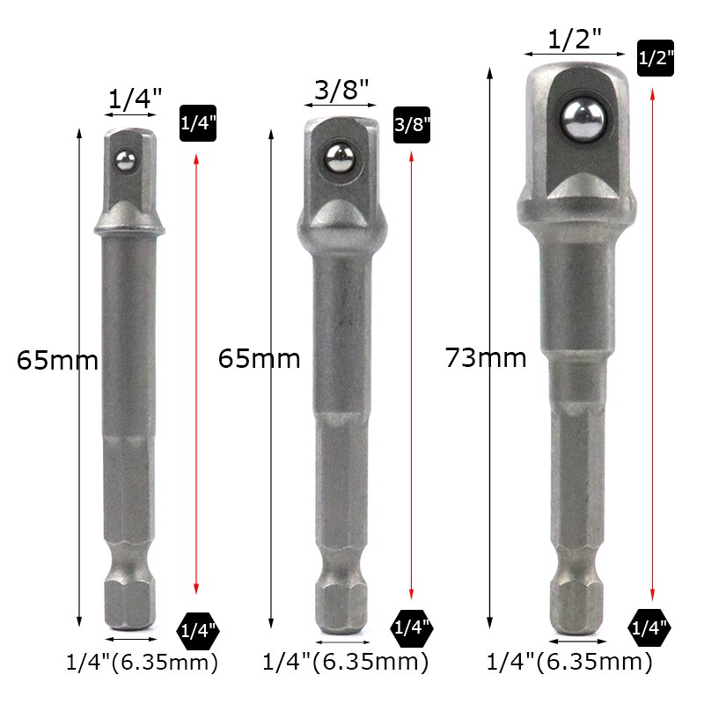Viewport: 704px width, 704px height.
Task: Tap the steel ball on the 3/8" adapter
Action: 340,158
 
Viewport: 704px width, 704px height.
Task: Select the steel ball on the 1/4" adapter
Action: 127,159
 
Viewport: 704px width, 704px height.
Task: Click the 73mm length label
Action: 486,358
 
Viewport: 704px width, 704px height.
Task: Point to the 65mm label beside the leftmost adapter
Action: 57,361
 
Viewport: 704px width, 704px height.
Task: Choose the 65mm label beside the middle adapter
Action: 259,359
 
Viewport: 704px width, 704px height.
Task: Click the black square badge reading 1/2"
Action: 654,58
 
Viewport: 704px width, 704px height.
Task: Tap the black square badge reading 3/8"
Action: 412,125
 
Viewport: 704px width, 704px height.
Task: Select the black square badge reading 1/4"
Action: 197,123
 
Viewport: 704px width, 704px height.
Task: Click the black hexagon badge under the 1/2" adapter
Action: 649,627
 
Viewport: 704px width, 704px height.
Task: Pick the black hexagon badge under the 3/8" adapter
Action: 411,627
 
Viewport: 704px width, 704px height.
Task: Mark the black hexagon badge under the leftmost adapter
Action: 197,629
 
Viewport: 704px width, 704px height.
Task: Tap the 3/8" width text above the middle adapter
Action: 341,89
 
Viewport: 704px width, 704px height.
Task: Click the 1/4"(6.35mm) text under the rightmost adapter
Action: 569,662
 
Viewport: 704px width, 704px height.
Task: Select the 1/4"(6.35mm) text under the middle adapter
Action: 346,662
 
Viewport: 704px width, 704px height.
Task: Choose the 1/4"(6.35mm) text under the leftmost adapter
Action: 143,662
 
